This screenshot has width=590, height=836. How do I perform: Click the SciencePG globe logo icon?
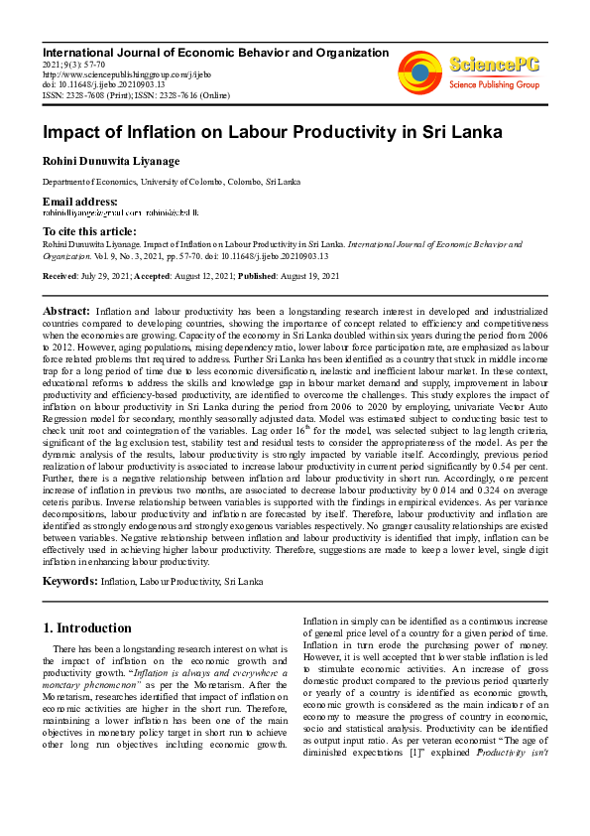click(x=419, y=70)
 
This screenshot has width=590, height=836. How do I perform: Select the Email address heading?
click(x=79, y=202)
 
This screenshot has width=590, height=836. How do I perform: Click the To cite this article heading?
click(x=90, y=230)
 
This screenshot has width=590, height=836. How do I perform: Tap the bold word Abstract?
click(x=66, y=311)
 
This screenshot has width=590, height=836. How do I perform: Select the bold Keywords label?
click(x=69, y=579)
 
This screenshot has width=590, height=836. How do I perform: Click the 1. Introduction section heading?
click(x=87, y=627)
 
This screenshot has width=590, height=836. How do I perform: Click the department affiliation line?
click(x=171, y=183)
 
